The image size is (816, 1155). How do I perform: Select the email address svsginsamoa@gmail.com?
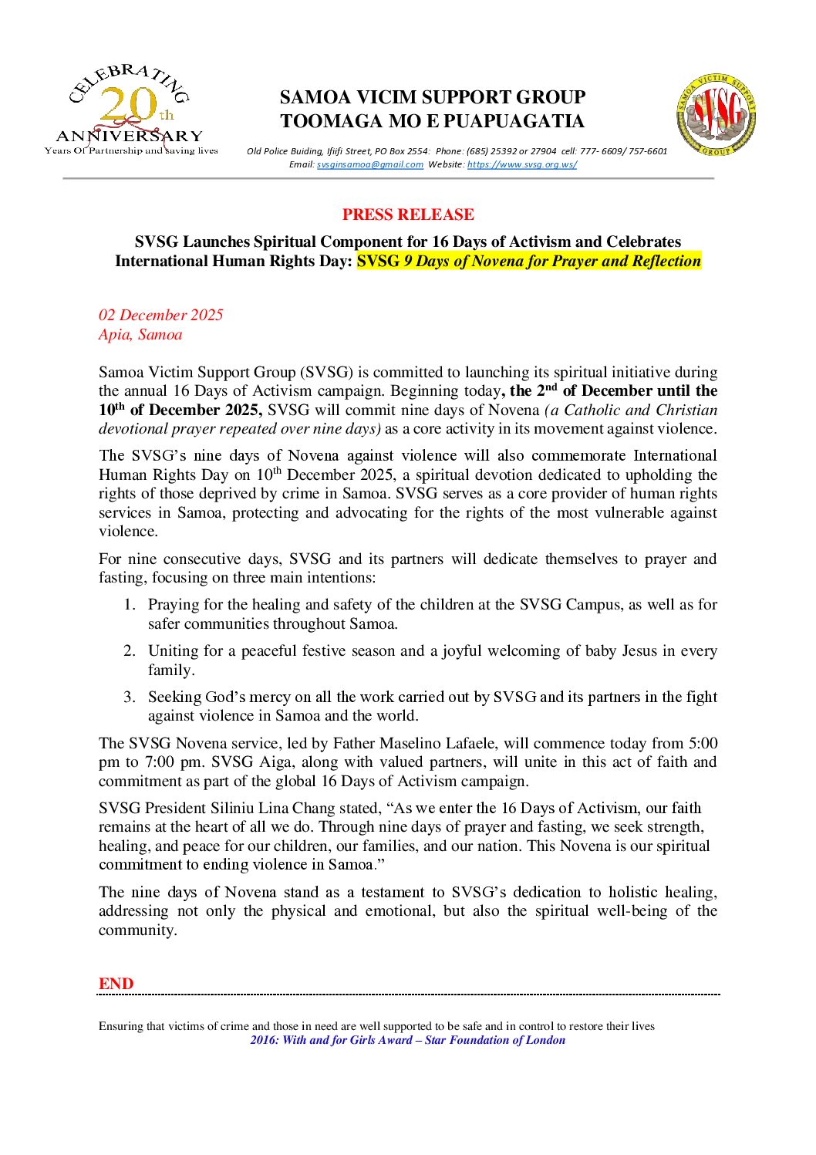pyautogui.click(x=369, y=164)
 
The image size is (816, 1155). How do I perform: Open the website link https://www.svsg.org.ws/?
pyautogui.click(x=521, y=164)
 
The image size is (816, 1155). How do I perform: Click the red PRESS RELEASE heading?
pyautogui.click(x=408, y=214)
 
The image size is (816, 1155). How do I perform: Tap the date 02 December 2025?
pyautogui.click(x=160, y=315)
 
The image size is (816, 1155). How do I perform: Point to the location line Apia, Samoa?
pyautogui.click(x=140, y=334)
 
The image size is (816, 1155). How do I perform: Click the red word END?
pyautogui.click(x=116, y=984)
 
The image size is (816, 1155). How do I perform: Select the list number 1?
pyautogui.click(x=128, y=605)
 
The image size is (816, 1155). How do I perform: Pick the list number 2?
pyautogui.click(x=129, y=651)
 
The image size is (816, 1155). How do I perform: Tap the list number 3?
pyautogui.click(x=129, y=697)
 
